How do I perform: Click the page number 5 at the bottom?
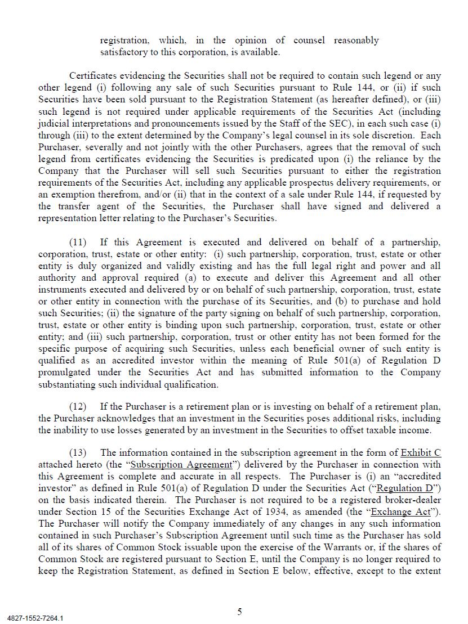tap(240, 612)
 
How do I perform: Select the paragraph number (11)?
tap(78, 243)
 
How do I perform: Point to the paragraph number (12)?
tap(78, 407)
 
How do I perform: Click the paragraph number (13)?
tap(78, 453)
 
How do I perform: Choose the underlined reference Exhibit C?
tap(421, 453)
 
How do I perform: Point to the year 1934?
tap(266, 512)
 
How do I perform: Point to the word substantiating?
tap(65, 385)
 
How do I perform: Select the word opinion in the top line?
tap(251, 41)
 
